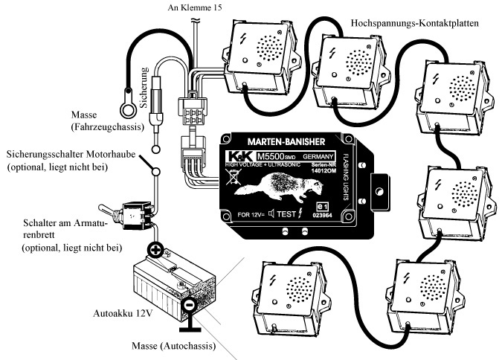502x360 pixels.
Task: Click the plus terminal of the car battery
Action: [157, 251]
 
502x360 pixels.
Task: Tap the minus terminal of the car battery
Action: [190, 305]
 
